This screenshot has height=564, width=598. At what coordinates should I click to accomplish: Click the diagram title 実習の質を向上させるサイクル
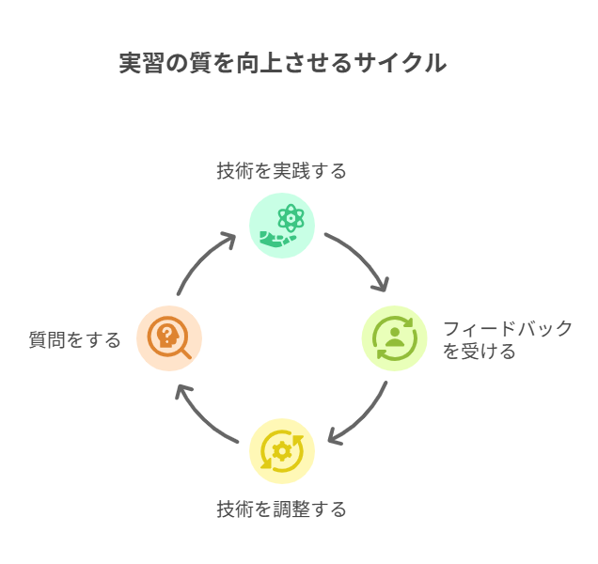tap(283, 63)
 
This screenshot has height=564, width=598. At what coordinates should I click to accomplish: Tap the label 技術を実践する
tap(281, 170)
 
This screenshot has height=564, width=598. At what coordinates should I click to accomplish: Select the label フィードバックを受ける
tap(507, 339)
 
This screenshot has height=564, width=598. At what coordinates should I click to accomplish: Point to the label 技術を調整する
tap(281, 509)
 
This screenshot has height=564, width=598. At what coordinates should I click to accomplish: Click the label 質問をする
tap(75, 339)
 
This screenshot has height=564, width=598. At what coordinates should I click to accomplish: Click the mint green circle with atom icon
tap(282, 226)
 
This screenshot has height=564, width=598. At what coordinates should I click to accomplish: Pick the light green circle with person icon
tap(394, 338)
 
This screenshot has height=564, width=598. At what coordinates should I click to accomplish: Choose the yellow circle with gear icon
tap(282, 451)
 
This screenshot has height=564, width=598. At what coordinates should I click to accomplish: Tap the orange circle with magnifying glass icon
tap(169, 338)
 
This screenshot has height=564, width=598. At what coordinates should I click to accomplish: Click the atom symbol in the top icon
tap(291, 218)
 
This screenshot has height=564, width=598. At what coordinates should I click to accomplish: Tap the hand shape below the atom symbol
tap(277, 239)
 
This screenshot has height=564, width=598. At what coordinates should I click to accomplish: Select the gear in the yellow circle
tap(282, 451)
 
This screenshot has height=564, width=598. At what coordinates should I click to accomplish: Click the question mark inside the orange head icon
tap(166, 334)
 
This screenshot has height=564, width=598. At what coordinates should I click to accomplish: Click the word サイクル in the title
tap(400, 63)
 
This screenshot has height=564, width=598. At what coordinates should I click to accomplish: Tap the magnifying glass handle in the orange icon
tap(186, 353)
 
